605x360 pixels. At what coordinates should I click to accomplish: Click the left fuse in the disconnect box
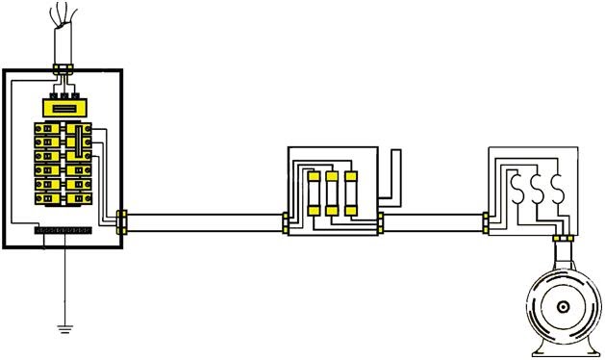(315, 193)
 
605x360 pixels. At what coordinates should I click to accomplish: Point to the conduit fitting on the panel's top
(65, 68)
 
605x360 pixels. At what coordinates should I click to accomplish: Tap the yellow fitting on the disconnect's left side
(286, 224)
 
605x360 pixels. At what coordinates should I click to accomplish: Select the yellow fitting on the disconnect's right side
(380, 224)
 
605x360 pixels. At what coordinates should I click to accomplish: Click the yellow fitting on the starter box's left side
(487, 222)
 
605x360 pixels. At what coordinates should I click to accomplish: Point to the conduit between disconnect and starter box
(433, 224)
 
